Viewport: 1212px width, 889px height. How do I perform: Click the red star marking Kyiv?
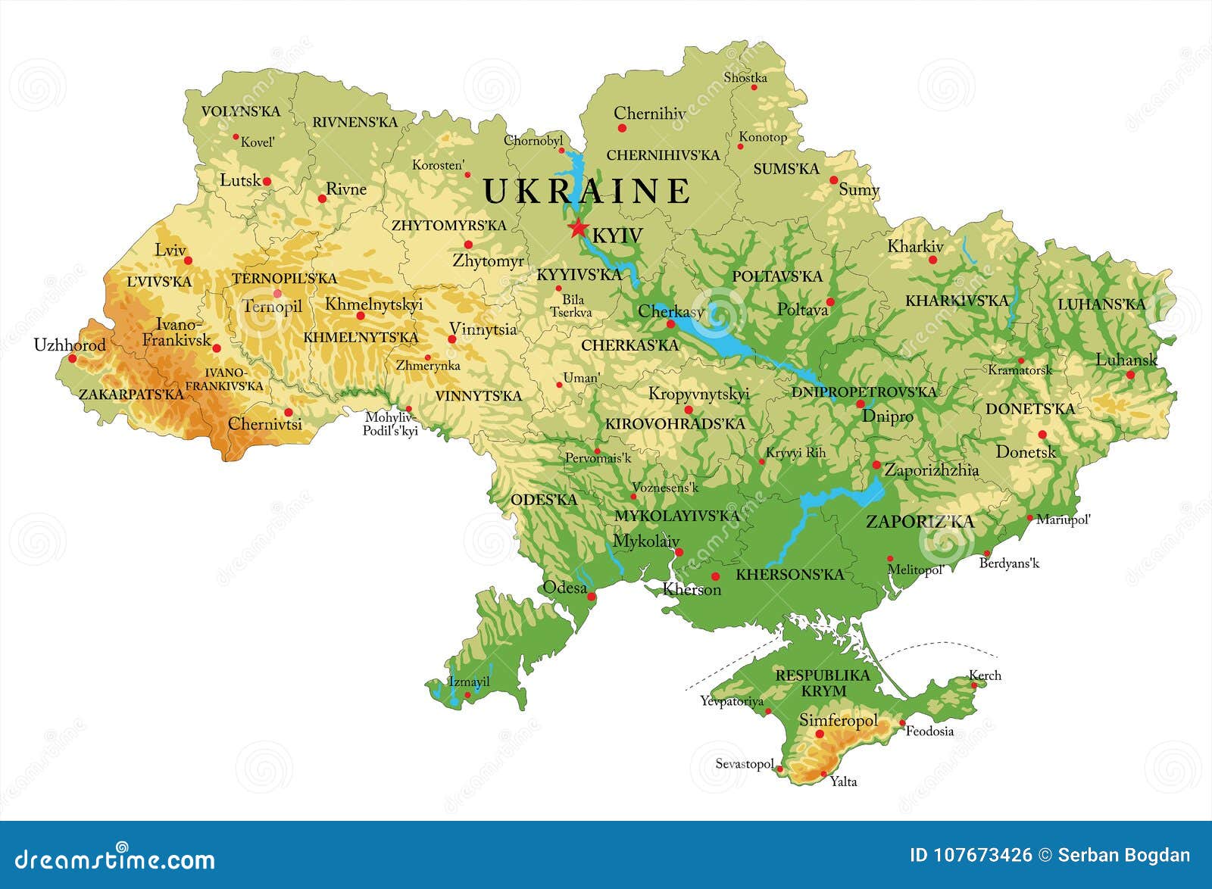(x=579, y=227)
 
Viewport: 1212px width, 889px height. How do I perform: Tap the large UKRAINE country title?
(x=587, y=191)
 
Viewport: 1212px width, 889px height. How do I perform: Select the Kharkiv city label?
(x=915, y=246)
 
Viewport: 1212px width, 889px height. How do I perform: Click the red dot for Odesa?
(x=592, y=597)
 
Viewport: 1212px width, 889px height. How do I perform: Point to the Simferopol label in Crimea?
(x=839, y=720)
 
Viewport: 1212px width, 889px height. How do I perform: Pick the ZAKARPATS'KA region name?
(x=131, y=394)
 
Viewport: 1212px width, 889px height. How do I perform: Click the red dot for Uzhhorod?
(x=73, y=358)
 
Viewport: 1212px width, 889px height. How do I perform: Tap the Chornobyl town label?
(x=533, y=140)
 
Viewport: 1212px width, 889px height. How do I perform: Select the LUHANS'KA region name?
(x=1101, y=304)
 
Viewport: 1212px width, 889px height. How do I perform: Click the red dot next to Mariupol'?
(x=1030, y=519)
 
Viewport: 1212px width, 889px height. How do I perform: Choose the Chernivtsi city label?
(x=265, y=424)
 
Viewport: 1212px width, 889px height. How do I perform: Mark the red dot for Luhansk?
(x=1130, y=375)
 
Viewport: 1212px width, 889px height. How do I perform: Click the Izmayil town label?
(x=470, y=682)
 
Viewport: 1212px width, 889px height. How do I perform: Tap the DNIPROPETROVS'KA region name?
(x=864, y=391)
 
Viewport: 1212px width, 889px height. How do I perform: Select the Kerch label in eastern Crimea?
(x=985, y=675)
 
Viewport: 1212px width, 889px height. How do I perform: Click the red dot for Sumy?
(x=834, y=180)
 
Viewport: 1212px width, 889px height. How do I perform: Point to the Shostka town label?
(x=745, y=77)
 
